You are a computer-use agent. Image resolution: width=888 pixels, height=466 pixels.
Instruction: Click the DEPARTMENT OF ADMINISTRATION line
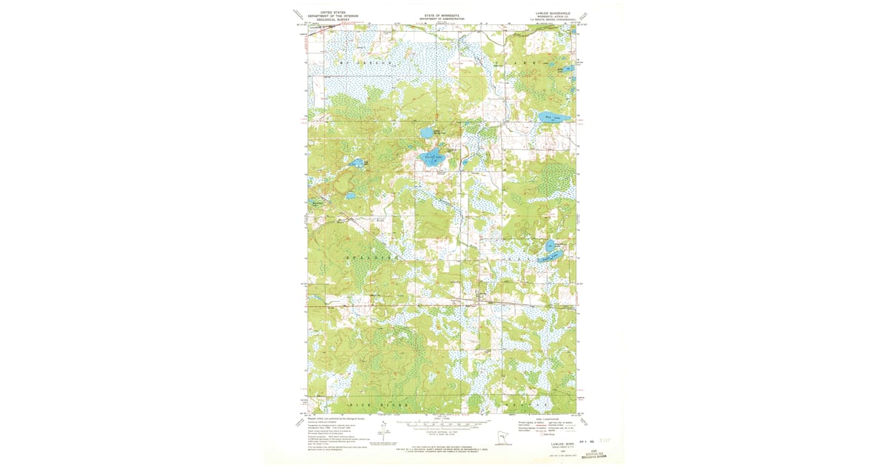point(441,18)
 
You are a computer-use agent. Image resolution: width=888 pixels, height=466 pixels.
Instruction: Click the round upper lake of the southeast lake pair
point(551,246)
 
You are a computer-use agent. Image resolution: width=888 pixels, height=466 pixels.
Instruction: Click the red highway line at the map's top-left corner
point(326,27)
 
